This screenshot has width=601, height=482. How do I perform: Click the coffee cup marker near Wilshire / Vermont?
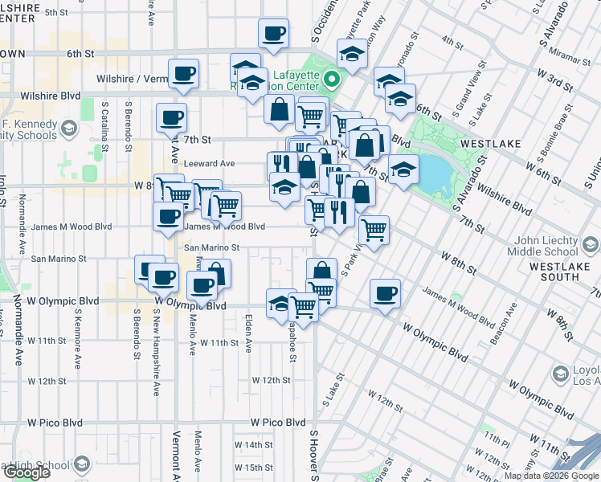(x=183, y=73)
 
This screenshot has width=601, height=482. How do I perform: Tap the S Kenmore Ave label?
(x=78, y=336)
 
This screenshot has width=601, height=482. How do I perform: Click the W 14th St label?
(x=254, y=444)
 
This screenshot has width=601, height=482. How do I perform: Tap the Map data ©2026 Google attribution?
(x=551, y=476)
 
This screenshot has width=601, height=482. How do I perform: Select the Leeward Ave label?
(x=209, y=163)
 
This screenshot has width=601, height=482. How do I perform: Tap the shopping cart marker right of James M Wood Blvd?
(x=374, y=230)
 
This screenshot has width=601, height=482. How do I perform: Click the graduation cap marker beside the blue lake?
(x=403, y=170)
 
